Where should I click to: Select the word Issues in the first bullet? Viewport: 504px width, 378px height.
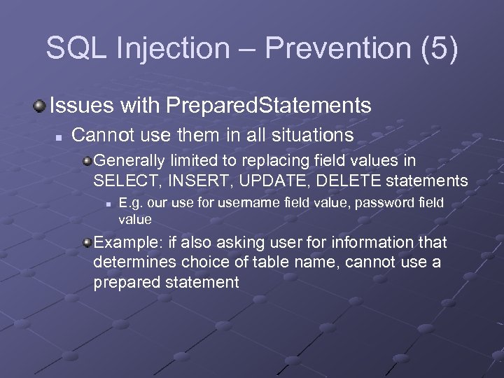pos(81,106)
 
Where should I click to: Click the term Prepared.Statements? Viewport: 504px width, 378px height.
pos(268,106)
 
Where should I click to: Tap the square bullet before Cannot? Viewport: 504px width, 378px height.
pos(61,134)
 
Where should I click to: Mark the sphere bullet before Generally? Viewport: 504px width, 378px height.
pos(87,161)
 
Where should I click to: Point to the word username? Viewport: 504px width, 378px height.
pos(249,203)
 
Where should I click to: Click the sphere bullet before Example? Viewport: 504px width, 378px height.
pos(87,243)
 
